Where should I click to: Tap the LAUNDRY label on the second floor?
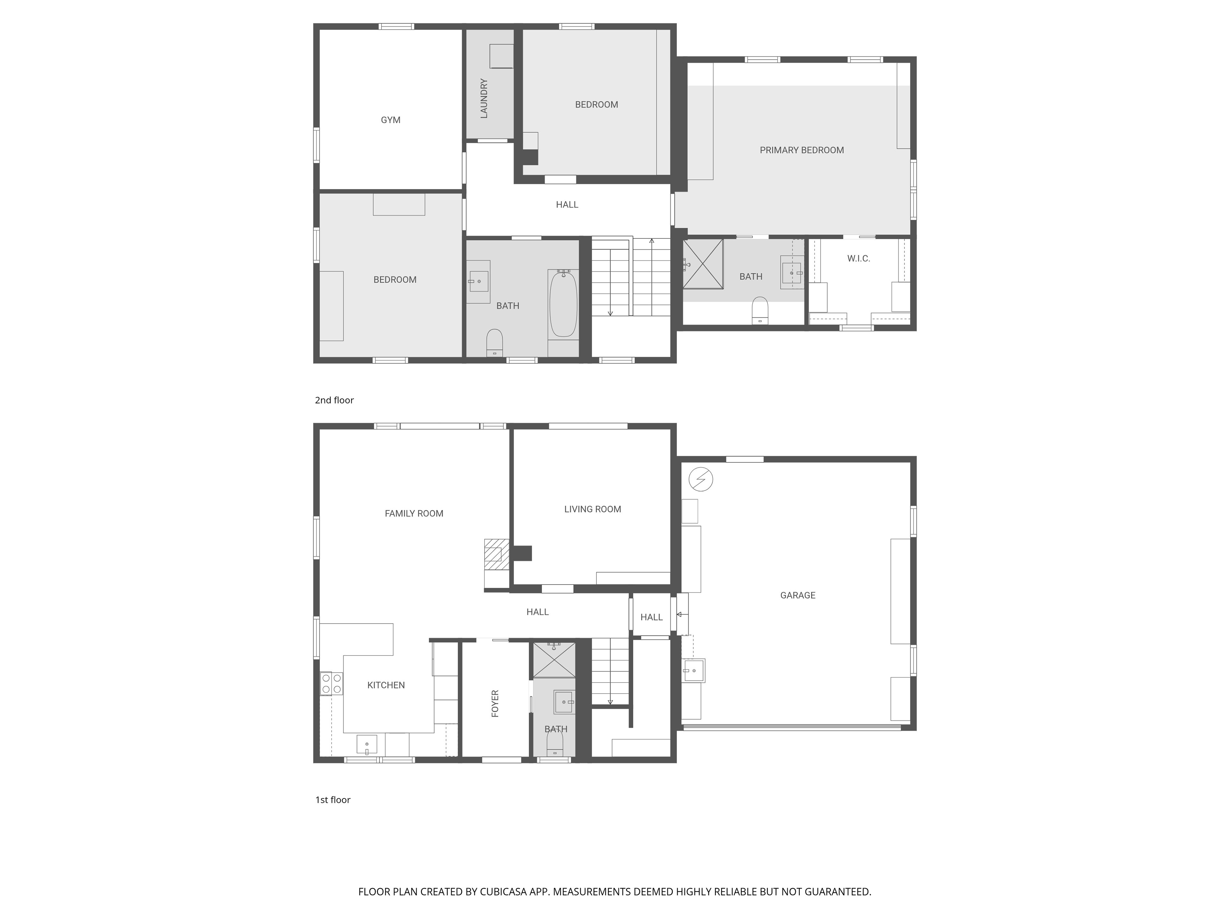[484, 98]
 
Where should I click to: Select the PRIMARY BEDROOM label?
[802, 150]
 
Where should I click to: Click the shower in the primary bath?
[703, 264]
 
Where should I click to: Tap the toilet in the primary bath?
[759, 311]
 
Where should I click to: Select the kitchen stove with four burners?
[332, 683]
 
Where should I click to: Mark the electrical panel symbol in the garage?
[701, 479]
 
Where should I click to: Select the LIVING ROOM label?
[593, 509]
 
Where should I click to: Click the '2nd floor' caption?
[334, 400]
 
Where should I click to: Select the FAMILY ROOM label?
[414, 513]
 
